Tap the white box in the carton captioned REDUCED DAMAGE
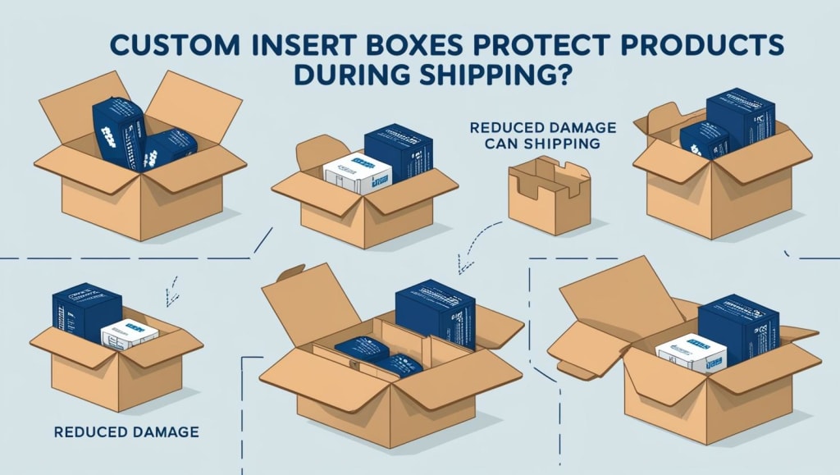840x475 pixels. coord(129,334)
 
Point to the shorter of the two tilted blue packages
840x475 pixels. coord(171,148)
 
